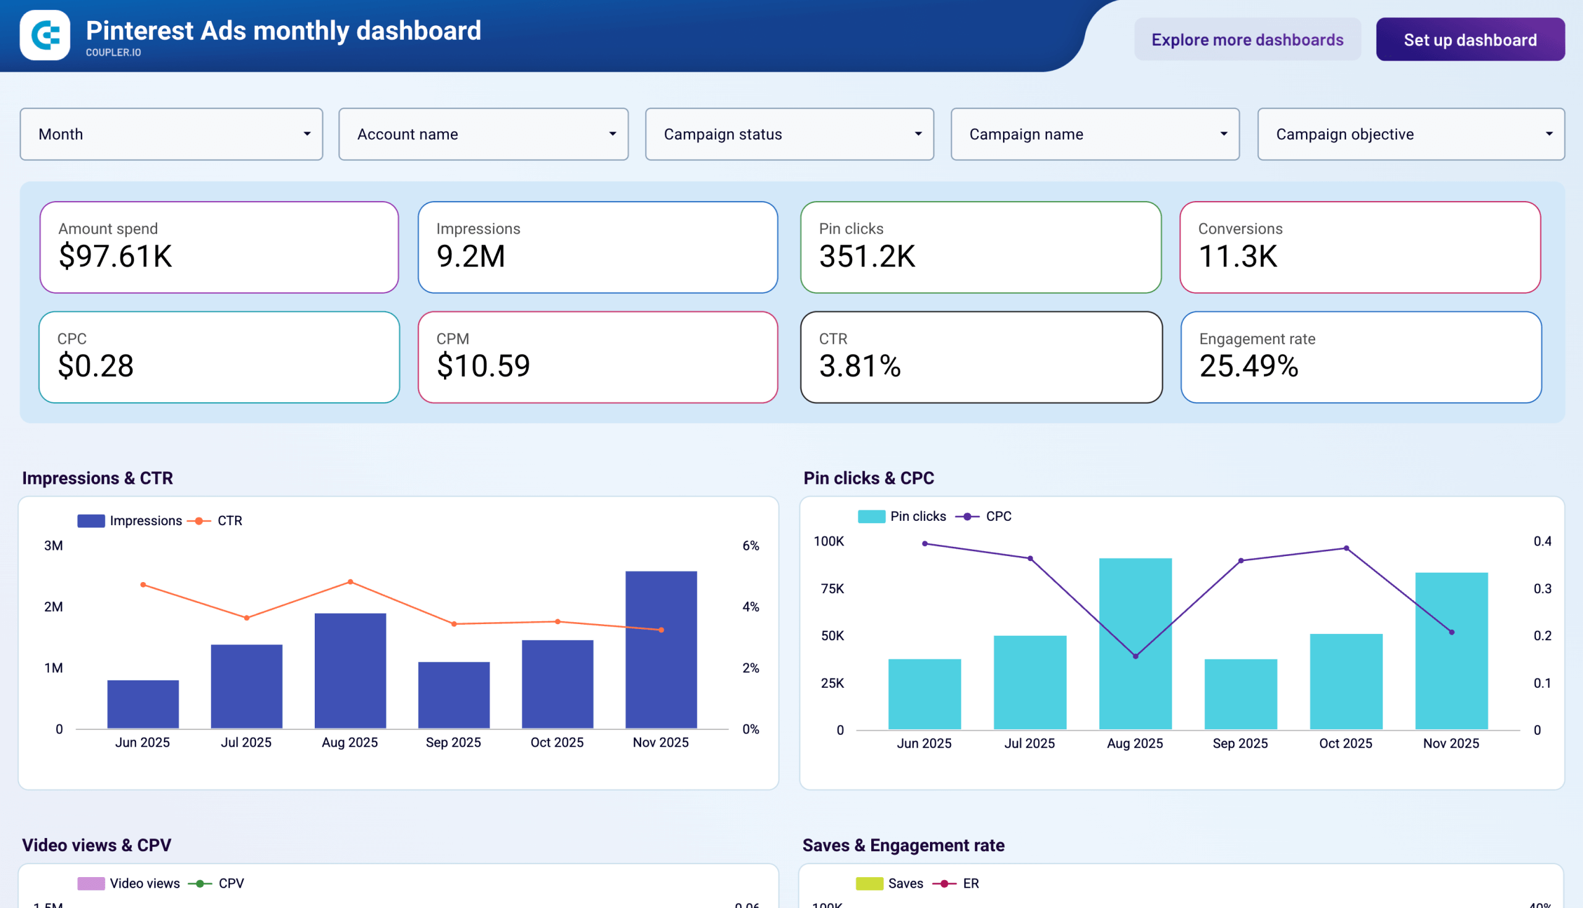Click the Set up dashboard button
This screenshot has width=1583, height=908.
tap(1469, 40)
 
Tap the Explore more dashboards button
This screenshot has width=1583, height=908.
tap(1247, 40)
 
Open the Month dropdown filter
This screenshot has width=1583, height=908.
tap(171, 134)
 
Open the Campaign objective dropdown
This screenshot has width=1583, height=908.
tap(1410, 134)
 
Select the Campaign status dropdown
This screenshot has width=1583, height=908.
tap(788, 134)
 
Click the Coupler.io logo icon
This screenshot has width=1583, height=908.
tap(45, 35)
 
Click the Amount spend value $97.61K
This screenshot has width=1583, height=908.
tap(116, 256)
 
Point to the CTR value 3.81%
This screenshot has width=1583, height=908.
tap(860, 366)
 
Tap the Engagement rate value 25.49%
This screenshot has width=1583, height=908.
tap(1248, 366)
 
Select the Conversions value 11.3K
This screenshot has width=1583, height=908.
tap(1237, 256)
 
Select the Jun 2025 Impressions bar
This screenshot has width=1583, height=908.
tap(143, 705)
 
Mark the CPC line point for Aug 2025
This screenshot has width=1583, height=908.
tap(1135, 656)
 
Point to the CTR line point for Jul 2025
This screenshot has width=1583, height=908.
tap(247, 618)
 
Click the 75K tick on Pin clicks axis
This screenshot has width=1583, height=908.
tap(832, 589)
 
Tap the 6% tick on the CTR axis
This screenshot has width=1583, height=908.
tap(751, 546)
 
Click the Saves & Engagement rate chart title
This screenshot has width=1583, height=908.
tap(903, 845)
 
